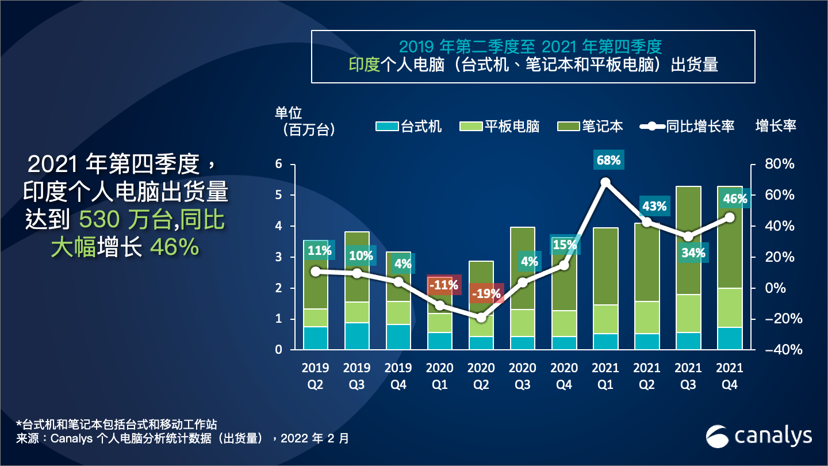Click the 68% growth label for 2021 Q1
point(608,161)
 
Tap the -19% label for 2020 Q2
point(486,293)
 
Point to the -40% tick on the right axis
point(778,350)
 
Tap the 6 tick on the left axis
point(279,165)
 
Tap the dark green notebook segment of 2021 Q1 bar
point(605,266)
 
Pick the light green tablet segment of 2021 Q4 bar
point(730,307)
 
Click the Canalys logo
point(758,436)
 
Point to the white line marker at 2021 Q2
point(647,221)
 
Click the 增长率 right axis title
point(776,126)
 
